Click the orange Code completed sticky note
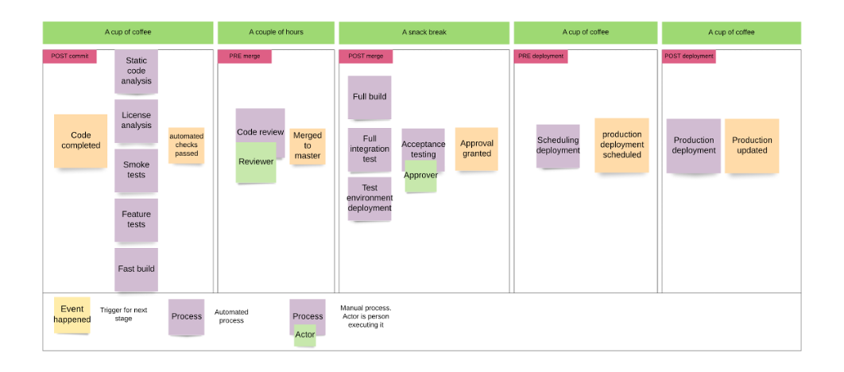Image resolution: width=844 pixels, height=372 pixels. pyautogui.click(x=80, y=141)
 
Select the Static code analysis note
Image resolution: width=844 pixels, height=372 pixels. pyautogui.click(x=136, y=71)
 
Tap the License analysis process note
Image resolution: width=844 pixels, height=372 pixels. pyautogui.click(x=136, y=120)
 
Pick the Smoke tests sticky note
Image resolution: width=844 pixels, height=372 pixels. pyautogui.click(x=136, y=170)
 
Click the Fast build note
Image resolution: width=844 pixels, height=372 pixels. pyautogui.click(x=136, y=269)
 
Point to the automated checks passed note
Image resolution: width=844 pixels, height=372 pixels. pyautogui.click(x=186, y=145)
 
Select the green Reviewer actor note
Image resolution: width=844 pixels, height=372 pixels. pyautogui.click(x=256, y=162)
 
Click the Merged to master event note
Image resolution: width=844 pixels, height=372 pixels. pyautogui.click(x=307, y=146)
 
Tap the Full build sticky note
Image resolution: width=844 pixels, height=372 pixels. pyautogui.click(x=369, y=97)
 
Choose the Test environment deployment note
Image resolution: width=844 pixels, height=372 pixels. pyautogui.click(x=369, y=198)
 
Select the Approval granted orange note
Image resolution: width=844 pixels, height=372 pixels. pyautogui.click(x=476, y=149)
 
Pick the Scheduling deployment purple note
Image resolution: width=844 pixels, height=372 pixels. pyautogui.click(x=557, y=145)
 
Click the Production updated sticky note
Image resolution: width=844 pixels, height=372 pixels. pyautogui.click(x=751, y=145)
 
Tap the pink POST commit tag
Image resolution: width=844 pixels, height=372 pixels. pyautogui.click(x=70, y=56)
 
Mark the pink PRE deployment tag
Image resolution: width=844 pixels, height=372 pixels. pyautogui.click(x=540, y=56)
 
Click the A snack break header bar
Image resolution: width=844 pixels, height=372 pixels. pyautogui.click(x=424, y=33)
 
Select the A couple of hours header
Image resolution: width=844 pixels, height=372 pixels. pyautogui.click(x=276, y=33)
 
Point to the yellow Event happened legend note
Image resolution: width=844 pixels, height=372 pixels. pyautogui.click(x=72, y=315)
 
